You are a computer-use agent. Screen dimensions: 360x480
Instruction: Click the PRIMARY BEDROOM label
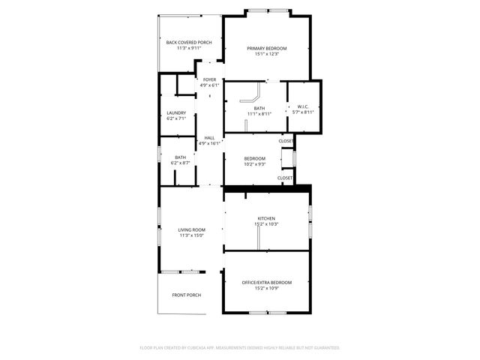pos(267,48)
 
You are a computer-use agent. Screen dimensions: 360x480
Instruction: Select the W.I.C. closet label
pos(303,106)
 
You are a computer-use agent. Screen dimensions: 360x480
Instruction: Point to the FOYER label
pos(209,79)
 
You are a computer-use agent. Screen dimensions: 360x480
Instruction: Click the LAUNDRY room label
pos(176,112)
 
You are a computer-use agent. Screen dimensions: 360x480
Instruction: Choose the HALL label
pos(209,137)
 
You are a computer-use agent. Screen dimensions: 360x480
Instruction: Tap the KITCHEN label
pos(266,218)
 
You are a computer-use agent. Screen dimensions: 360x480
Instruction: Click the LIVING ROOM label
pos(191,229)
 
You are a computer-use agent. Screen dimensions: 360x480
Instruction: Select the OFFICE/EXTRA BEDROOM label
pos(266,282)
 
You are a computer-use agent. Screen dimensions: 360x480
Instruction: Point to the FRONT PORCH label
pos(186,295)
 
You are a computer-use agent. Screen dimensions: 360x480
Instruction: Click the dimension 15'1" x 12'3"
pos(267,54)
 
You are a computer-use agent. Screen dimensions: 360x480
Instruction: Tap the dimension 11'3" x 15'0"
pos(191,235)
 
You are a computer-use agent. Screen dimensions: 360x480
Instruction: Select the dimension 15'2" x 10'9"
pos(266,288)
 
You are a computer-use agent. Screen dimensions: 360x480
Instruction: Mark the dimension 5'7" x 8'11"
pos(303,112)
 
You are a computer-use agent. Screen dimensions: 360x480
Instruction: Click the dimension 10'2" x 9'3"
pos(255,164)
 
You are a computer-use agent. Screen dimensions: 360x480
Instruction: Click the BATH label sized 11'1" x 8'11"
pos(259,109)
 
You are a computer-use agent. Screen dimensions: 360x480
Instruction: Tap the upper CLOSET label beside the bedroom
pos(286,141)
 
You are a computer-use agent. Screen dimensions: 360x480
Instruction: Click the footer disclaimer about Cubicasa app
pos(240,347)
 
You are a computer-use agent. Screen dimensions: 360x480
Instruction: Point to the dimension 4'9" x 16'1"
pos(209,143)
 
